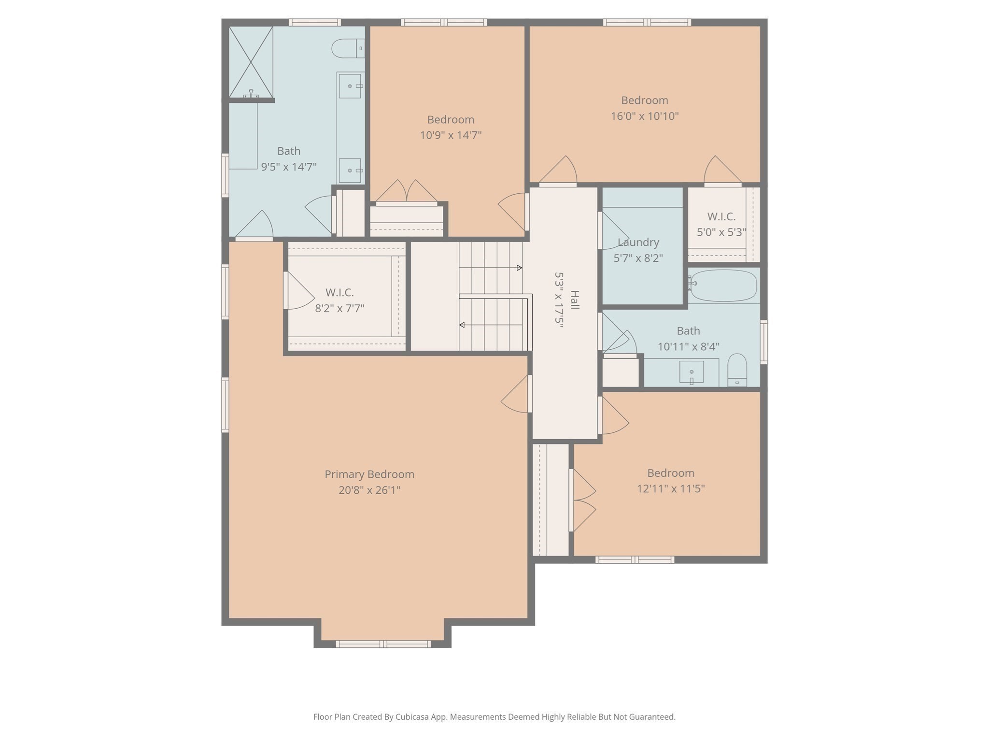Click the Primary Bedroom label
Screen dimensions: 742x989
pyautogui.click(x=369, y=474)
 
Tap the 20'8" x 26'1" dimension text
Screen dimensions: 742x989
pyautogui.click(x=369, y=490)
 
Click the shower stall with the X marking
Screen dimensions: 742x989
pyautogui.click(x=251, y=62)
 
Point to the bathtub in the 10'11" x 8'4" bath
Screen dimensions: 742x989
pyautogui.click(x=723, y=285)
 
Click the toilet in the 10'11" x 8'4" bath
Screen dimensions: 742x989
pyautogui.click(x=737, y=370)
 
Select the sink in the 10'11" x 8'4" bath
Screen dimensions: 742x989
pyautogui.click(x=692, y=372)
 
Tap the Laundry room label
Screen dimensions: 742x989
pyautogui.click(x=638, y=243)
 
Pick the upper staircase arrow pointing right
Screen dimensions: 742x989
pyautogui.click(x=490, y=268)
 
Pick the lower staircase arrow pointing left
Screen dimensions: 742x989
pyautogui.click(x=490, y=325)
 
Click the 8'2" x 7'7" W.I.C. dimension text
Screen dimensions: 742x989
pyautogui.click(x=339, y=308)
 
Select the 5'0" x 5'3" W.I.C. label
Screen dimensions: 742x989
pyautogui.click(x=721, y=217)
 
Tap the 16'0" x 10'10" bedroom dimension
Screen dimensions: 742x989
pyautogui.click(x=644, y=116)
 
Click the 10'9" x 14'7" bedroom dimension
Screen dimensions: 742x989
pyautogui.click(x=450, y=135)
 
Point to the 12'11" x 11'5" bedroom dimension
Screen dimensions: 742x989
pyautogui.click(x=670, y=489)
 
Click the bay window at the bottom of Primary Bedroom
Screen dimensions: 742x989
pyautogui.click(x=383, y=643)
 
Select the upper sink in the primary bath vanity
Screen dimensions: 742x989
pyautogui.click(x=350, y=86)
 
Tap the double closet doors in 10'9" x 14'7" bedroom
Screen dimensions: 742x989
pyautogui.click(x=407, y=192)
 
